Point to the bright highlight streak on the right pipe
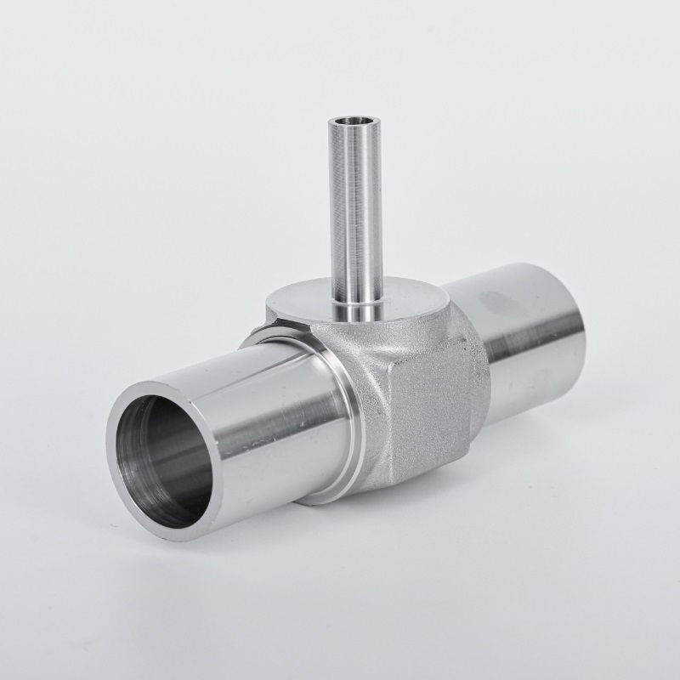tap(527, 340)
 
